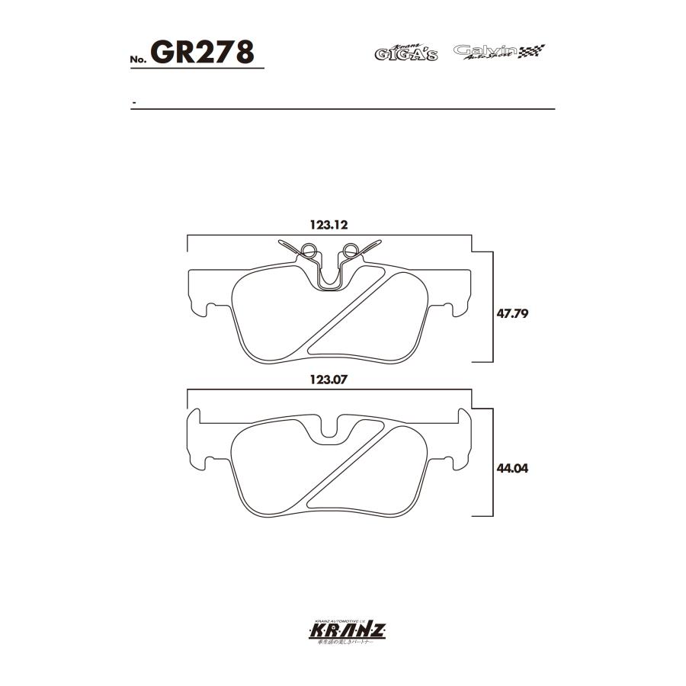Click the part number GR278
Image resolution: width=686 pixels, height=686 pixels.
(202, 53)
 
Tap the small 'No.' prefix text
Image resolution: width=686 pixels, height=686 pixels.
(139, 59)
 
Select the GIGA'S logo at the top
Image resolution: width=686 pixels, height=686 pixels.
(406, 53)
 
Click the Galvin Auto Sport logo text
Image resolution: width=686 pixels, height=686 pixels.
(485, 52)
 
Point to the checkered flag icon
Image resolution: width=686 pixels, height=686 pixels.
(532, 52)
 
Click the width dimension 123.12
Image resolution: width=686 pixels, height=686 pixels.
(329, 225)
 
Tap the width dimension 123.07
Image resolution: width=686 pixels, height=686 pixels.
(329, 378)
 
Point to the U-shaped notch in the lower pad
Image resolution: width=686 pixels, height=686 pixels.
(329, 428)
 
